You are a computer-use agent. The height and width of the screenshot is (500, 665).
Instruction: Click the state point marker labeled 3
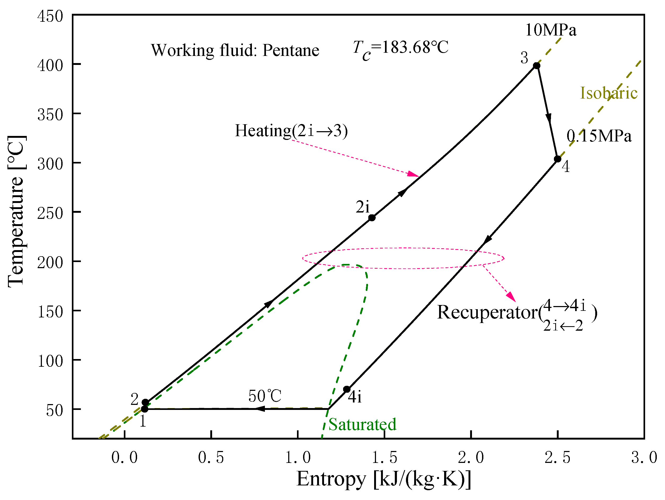(536, 66)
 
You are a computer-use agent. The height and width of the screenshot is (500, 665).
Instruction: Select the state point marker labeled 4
(557, 159)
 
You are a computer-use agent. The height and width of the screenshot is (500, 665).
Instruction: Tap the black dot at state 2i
(372, 218)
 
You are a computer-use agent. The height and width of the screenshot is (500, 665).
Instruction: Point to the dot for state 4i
(347, 390)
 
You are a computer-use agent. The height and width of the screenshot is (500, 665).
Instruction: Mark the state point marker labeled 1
(145, 409)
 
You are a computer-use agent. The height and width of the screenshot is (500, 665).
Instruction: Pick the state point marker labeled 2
(145, 402)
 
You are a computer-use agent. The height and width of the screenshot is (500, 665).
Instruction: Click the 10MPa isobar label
(551, 30)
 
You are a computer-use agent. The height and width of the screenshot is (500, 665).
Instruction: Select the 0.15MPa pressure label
(599, 136)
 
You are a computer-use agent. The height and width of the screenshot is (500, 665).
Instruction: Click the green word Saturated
(362, 424)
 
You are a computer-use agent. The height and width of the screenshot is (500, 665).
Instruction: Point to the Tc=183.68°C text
(400, 48)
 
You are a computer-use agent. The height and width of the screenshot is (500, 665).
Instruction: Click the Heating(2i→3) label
(291, 131)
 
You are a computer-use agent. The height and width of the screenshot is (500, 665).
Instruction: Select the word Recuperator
(487, 312)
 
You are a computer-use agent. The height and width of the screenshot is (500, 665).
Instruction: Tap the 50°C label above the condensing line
(265, 396)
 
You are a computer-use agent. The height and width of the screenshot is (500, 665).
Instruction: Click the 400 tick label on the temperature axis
(50, 65)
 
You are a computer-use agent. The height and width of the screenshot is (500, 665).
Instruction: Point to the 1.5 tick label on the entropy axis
(384, 458)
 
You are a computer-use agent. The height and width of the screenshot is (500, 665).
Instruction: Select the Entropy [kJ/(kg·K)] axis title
(384, 479)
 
